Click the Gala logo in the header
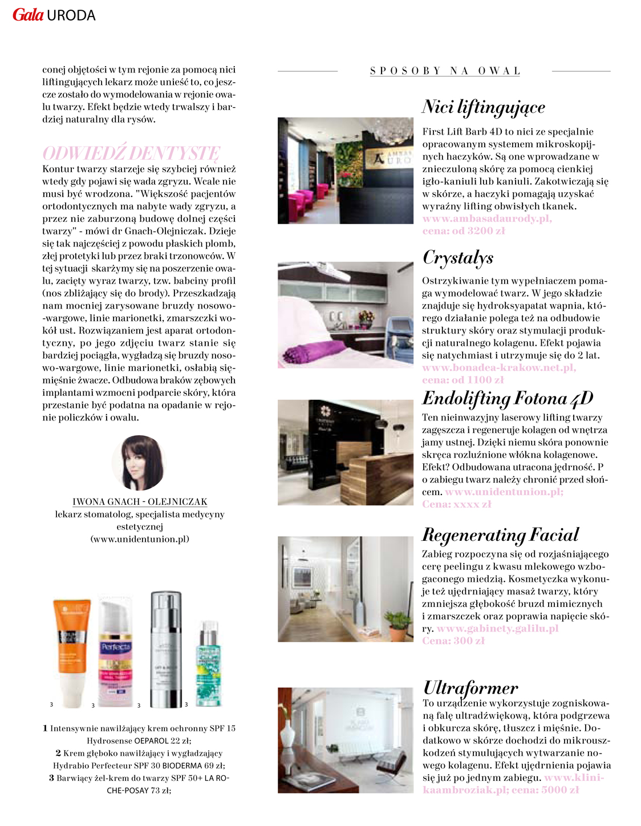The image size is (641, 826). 28,15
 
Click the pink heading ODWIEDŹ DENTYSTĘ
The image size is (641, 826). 131,153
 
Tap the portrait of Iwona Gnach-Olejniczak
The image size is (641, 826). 139,463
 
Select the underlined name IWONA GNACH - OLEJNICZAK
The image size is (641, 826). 140,502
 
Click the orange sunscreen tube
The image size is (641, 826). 69,650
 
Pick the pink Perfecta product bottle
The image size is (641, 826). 116,650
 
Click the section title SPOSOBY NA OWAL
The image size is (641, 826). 445,71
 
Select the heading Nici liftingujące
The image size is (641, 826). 484,107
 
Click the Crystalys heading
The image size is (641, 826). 458,258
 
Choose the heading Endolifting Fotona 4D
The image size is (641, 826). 508,398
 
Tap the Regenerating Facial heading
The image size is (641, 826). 500,535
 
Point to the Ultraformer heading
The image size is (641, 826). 470,687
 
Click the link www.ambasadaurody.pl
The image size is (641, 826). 487,219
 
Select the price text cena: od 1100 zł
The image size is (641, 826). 463,380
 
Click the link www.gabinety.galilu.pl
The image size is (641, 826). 497,629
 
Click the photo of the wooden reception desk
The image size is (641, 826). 346,452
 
